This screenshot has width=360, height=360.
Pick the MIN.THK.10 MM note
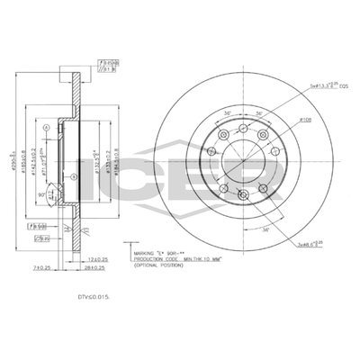click(x=201, y=258)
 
